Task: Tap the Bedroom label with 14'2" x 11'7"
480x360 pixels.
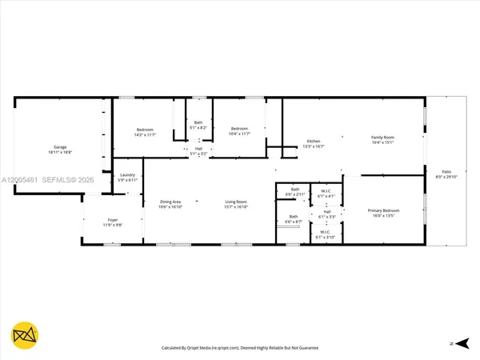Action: click(x=145, y=132)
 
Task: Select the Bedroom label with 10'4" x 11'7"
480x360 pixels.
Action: click(x=240, y=131)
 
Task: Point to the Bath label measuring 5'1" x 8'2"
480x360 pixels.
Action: click(x=198, y=125)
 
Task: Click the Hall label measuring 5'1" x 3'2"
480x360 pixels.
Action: click(x=198, y=150)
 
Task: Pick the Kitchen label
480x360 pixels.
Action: click(x=314, y=144)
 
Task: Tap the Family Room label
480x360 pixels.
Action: click(x=382, y=140)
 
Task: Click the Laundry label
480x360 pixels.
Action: click(x=128, y=178)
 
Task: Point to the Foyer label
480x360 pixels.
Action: click(x=113, y=222)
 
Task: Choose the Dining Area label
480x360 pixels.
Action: click(x=170, y=204)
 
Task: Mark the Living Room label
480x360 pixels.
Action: click(x=235, y=204)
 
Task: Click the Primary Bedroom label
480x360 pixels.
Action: click(x=383, y=213)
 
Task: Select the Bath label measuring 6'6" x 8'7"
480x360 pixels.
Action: click(x=294, y=219)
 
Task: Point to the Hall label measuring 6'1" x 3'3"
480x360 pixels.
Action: click(x=326, y=214)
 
